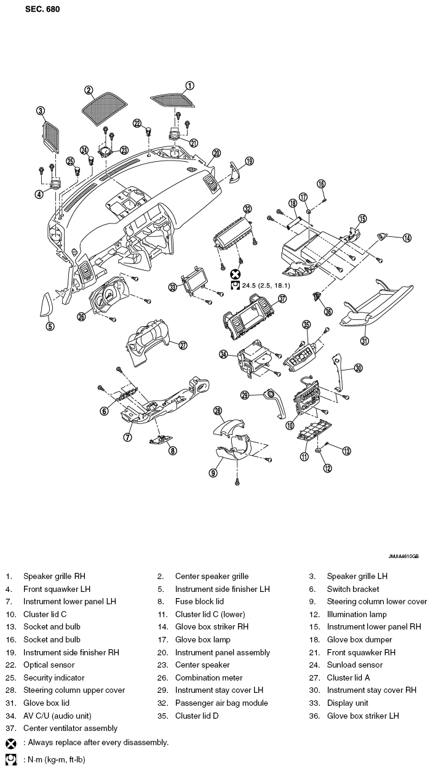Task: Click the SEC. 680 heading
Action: click(42, 9)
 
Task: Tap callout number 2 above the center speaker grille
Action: click(89, 90)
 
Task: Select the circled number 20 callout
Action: click(217, 153)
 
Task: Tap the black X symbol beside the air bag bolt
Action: click(235, 274)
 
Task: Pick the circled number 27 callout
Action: click(183, 345)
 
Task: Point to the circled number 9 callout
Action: click(213, 473)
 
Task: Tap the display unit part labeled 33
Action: click(194, 282)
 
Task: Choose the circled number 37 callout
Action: click(282, 298)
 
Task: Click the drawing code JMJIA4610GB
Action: click(403, 556)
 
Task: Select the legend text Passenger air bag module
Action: click(221, 703)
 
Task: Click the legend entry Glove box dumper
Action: click(359, 639)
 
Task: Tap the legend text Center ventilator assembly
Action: click(71, 729)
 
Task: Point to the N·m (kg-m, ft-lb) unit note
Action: click(54, 760)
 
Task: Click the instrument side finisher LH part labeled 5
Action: click(46, 304)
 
